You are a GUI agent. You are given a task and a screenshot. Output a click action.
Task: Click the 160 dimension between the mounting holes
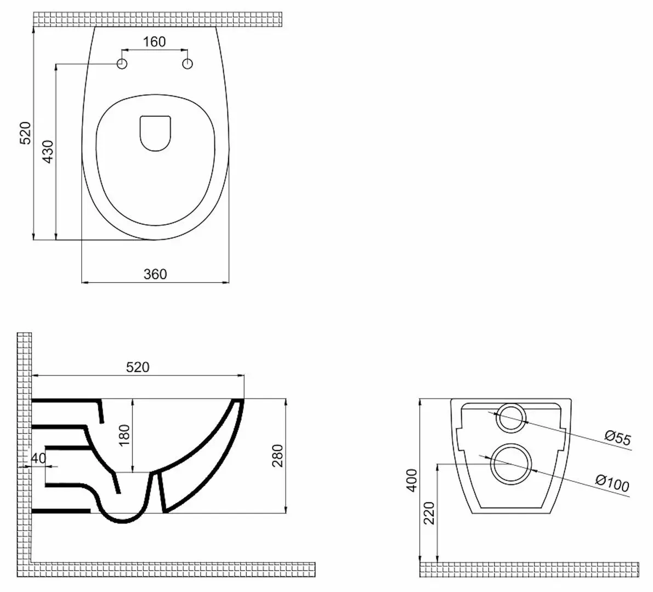155,42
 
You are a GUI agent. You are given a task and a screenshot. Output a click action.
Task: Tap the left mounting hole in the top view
122,64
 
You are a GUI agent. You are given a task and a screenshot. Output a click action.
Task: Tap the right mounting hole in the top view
188,64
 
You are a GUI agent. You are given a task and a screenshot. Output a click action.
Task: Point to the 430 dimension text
48,152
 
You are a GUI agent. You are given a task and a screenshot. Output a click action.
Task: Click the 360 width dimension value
155,274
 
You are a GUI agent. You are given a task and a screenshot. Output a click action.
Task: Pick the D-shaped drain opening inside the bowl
155,133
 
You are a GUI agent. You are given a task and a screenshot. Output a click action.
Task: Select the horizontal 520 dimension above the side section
138,367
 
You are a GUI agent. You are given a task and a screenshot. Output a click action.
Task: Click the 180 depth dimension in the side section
125,435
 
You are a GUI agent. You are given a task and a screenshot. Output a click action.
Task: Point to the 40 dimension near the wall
38,458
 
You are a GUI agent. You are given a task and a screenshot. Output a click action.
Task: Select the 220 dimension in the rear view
429,513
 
